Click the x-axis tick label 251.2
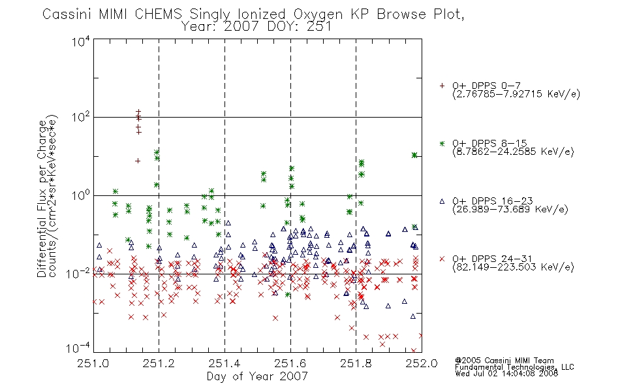click(x=159, y=363)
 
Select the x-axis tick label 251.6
click(x=290, y=363)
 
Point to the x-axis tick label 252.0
click(x=422, y=363)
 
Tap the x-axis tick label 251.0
click(x=93, y=363)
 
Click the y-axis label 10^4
click(x=81, y=41)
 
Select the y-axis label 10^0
click(x=81, y=195)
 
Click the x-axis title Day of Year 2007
click(x=257, y=376)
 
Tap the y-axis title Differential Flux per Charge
click(x=42, y=199)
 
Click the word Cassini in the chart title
click(x=67, y=14)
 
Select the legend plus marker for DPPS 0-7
click(x=442, y=86)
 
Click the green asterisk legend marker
click(x=442, y=143)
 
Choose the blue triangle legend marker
click(x=442, y=201)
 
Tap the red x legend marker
click(x=442, y=259)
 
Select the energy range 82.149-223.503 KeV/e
click(x=513, y=267)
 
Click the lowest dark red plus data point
click(x=138, y=161)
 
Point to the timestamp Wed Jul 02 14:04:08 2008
click(x=506, y=374)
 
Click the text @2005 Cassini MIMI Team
click(x=504, y=361)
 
